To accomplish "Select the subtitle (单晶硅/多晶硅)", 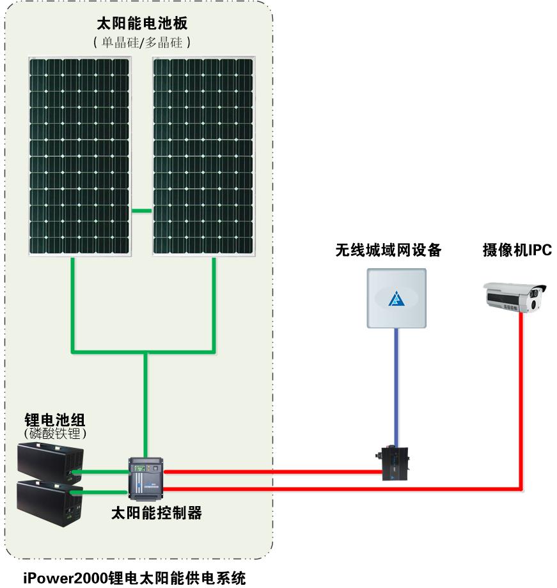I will click(141, 43).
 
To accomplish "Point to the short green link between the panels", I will click(142, 211).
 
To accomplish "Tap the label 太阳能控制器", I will click(157, 513).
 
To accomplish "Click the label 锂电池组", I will click(54, 420).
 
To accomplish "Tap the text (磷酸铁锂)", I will click(54, 434).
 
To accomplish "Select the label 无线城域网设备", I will click(389, 250).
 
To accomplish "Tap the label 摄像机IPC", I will click(517, 250).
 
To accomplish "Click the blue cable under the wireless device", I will click(396, 384).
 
